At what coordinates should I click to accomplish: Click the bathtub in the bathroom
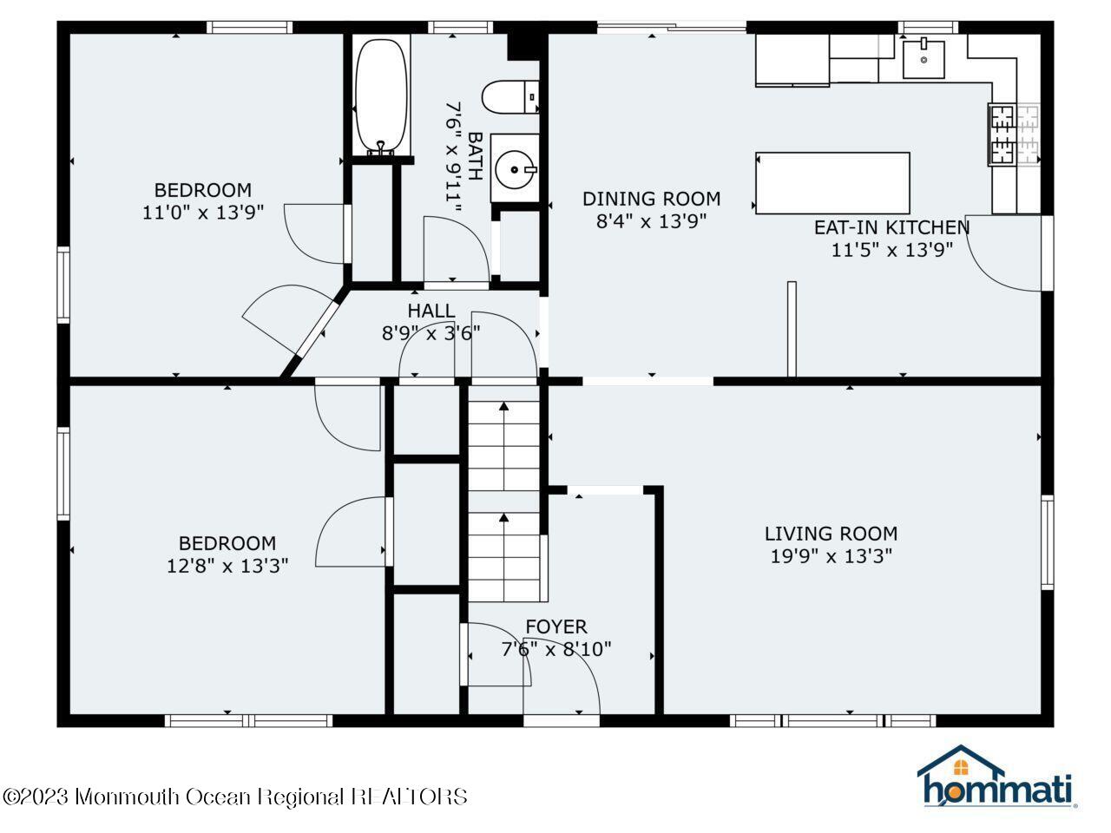coord(380,95)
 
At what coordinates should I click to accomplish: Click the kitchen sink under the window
coord(924,58)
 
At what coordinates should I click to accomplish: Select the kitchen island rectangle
coord(832,183)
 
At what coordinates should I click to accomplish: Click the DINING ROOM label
coord(651,200)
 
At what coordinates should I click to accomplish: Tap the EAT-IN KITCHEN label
coord(891,228)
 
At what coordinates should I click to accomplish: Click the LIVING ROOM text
coord(831,535)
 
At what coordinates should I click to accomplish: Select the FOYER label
coord(555,626)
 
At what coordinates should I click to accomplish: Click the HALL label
coord(431,311)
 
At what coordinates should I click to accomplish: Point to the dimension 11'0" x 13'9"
coord(202,212)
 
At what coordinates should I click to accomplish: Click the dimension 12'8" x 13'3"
coord(227,566)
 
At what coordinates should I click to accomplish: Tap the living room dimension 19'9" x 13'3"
coord(831,556)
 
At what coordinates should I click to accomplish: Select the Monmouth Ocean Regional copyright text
coord(235,796)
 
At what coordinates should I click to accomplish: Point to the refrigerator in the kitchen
coord(792,60)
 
